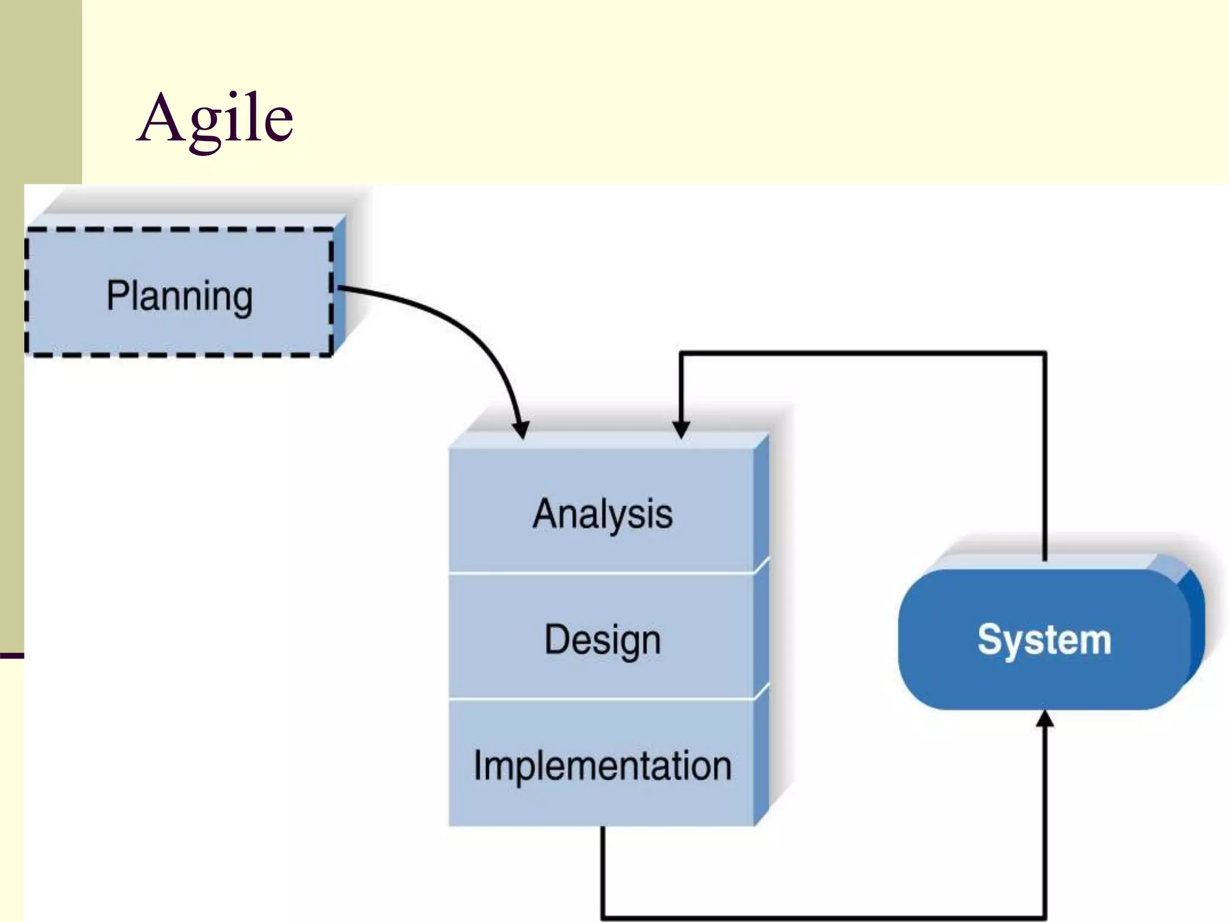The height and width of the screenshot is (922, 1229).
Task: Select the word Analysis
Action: point(602,514)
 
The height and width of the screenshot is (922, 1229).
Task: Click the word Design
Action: point(602,640)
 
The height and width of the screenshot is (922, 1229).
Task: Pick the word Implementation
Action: point(602,766)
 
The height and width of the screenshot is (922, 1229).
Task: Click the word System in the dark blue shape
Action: point(1044,640)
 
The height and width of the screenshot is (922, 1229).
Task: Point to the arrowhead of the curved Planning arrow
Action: point(521,430)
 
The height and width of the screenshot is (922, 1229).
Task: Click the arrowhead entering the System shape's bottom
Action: point(1045,719)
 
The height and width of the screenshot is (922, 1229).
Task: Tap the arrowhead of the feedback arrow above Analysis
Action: point(681,429)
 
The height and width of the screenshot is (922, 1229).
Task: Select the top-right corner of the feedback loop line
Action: point(1045,354)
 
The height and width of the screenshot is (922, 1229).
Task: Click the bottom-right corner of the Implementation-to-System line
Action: point(1045,917)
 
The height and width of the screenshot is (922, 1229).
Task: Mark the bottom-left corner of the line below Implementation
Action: point(603,917)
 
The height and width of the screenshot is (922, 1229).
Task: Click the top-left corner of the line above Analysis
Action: point(681,354)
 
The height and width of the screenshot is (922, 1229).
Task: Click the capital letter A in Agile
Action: point(160,118)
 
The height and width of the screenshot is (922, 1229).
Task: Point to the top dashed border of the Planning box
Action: point(179,229)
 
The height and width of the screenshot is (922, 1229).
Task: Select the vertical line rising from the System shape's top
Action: point(1045,456)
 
